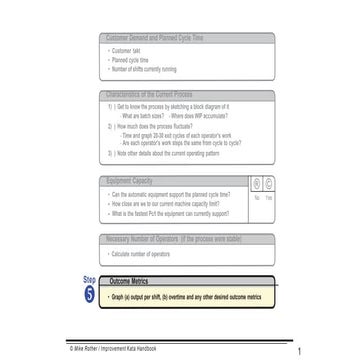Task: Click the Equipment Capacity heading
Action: (x=131, y=181)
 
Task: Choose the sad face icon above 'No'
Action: (x=256, y=185)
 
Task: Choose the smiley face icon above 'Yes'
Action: (x=268, y=185)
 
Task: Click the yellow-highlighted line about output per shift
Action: (x=186, y=297)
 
